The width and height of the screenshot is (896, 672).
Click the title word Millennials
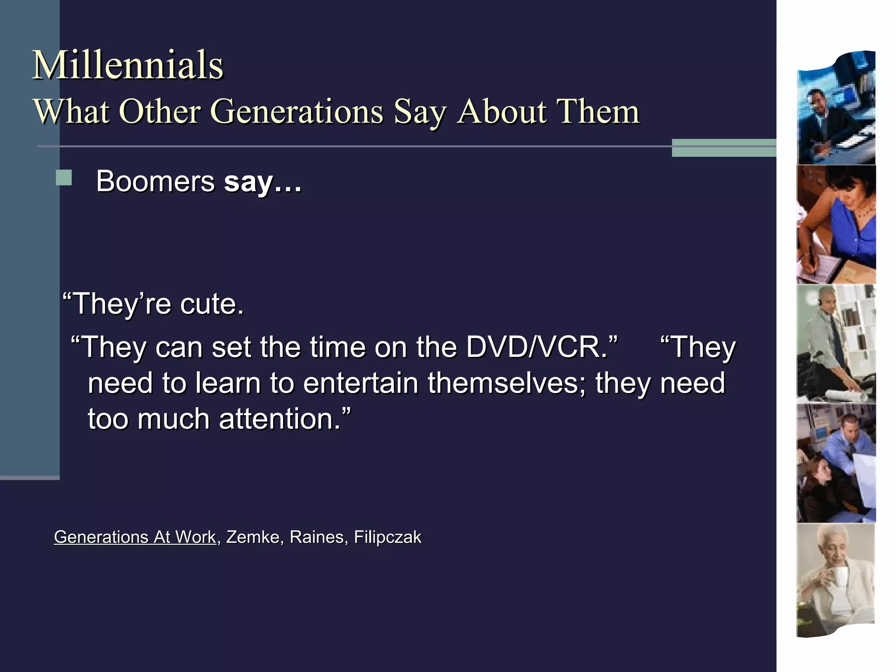pyautogui.click(x=128, y=66)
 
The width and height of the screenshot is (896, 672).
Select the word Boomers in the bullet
pyautogui.click(x=155, y=181)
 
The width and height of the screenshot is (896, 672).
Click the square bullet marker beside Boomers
pyautogui.click(x=64, y=178)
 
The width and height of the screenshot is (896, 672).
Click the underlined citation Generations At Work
pyautogui.click(x=135, y=537)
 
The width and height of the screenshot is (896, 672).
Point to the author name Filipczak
pyautogui.click(x=387, y=537)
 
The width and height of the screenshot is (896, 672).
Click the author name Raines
pyautogui.click(x=316, y=537)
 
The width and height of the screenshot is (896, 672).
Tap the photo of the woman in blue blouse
pyautogui.click(x=836, y=224)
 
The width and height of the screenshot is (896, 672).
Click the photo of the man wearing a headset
pyautogui.click(x=836, y=343)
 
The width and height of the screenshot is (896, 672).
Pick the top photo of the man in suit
pyautogui.click(x=836, y=109)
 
